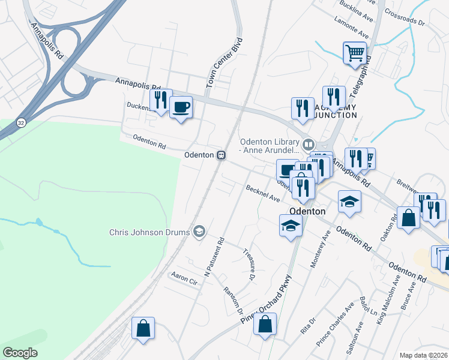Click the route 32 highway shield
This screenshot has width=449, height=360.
(x=22, y=122)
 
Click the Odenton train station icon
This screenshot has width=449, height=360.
(x=221, y=155)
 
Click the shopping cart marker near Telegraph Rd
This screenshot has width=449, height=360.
(x=355, y=53)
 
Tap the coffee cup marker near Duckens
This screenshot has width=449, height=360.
(x=181, y=107)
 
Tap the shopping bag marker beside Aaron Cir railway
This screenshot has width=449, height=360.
(x=143, y=328)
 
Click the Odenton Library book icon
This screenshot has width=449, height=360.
(x=308, y=144)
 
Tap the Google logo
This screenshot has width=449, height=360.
(x=20, y=353)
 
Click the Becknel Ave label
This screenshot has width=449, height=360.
(x=263, y=193)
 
